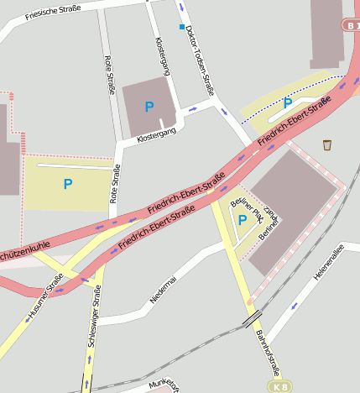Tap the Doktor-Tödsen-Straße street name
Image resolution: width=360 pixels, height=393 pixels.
[201, 60]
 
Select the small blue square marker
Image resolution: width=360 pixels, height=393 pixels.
[180, 28]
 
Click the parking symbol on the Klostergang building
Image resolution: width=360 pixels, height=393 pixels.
[149, 107]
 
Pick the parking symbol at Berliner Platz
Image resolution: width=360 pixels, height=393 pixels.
[243, 220]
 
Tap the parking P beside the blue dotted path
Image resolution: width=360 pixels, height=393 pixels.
[287, 103]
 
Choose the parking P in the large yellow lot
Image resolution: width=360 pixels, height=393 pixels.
[68, 184]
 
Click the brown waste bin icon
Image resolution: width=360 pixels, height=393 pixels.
[326, 144]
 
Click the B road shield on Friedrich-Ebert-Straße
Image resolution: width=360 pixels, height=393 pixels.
[351, 25]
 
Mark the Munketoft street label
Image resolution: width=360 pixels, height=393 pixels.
[164, 385]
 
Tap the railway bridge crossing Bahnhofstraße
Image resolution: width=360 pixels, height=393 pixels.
[251, 319]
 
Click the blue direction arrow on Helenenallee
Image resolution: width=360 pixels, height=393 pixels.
[294, 306]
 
